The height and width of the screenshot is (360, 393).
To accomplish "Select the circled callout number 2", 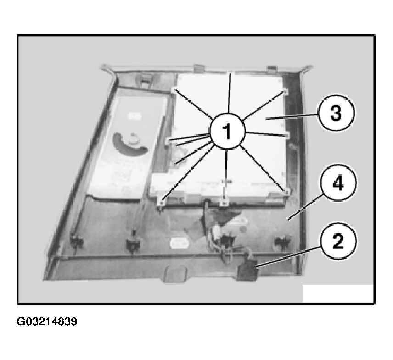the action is (x=337, y=242).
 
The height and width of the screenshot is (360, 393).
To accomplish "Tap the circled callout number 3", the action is (x=336, y=113).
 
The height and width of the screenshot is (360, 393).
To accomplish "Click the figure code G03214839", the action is (x=47, y=321).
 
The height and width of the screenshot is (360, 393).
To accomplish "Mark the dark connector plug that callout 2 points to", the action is (x=247, y=271).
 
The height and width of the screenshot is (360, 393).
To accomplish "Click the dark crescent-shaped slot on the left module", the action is (x=130, y=145).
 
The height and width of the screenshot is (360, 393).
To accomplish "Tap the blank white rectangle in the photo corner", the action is (x=337, y=293).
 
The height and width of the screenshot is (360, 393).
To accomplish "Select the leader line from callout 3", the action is (x=292, y=117).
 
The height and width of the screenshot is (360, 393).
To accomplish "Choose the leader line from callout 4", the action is (x=305, y=208).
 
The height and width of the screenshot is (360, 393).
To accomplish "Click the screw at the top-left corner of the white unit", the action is (x=174, y=89).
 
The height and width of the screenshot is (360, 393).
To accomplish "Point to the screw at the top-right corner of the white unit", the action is (x=285, y=92).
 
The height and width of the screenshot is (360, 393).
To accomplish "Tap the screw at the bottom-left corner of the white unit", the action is (x=162, y=201).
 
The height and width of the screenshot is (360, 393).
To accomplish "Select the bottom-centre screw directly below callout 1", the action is (x=225, y=202).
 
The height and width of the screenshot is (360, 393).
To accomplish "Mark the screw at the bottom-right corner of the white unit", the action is (x=287, y=192).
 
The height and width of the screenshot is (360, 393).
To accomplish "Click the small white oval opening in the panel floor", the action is (x=179, y=243).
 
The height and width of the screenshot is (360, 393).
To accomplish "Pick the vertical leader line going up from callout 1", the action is (x=229, y=93).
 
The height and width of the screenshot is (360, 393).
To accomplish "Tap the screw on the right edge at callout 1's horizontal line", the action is (x=286, y=135).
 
